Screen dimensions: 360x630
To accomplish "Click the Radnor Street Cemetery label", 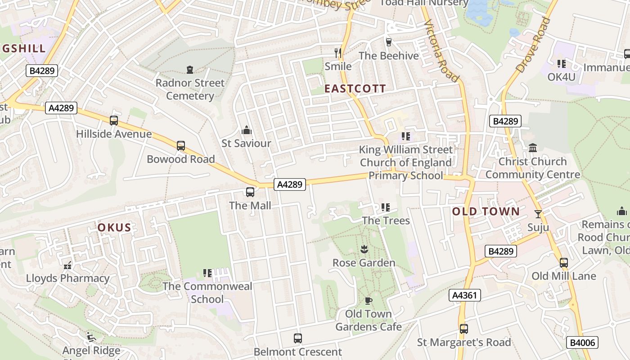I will coord(190,89).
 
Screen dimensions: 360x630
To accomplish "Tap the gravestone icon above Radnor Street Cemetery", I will coord(190,70).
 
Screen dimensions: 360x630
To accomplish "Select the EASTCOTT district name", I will coord(355,89).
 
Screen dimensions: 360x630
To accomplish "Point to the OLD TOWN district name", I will coord(486,211).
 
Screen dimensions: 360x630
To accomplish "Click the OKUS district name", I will coord(114,228).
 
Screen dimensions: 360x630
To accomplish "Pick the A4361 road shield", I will coord(464,295).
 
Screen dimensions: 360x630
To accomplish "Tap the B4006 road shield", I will coord(582,342).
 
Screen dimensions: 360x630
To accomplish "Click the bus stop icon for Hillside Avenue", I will coord(114,121).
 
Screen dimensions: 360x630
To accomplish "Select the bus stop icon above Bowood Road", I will coord(180,146).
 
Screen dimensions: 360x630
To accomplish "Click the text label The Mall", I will coord(250,206).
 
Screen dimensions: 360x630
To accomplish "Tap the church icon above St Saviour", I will coord(246,130).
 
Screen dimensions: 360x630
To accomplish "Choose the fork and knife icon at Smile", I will coord(338,53).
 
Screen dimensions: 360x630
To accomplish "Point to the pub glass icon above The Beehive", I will coord(389,42).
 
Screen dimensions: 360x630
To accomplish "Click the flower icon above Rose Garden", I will coord(364,249).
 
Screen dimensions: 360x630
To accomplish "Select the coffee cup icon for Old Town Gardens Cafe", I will coord(368,301).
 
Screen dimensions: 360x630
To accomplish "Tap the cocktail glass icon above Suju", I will coord(538,214).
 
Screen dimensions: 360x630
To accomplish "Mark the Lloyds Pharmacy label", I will coord(67,278).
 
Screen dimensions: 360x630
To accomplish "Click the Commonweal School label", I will coord(207,292).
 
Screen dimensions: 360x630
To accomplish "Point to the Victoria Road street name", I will coord(442,50).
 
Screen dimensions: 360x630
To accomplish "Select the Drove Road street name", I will coord(533,45).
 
